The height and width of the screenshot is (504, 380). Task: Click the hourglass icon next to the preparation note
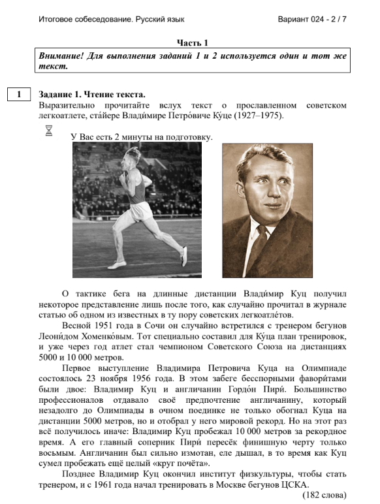pyautogui.click(x=48, y=131)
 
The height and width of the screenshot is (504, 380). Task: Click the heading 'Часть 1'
pyautogui.click(x=192, y=42)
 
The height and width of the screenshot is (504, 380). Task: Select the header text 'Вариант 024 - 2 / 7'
pyautogui.click(x=312, y=19)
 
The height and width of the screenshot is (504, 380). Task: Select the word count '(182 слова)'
pyautogui.click(x=325, y=494)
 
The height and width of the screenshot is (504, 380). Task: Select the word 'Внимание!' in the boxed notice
pyautogui.click(x=63, y=56)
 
